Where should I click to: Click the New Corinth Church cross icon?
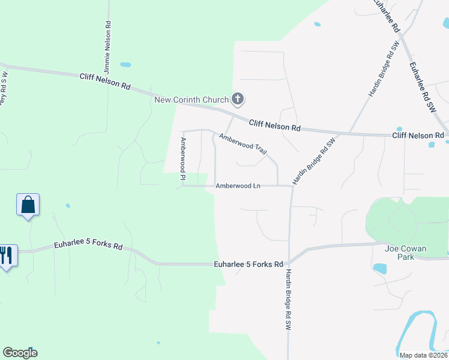[238, 99]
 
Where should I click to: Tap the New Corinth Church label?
[191, 100]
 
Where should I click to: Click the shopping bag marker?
[28, 205]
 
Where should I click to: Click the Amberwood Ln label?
[238, 186]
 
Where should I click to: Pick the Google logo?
[20, 353]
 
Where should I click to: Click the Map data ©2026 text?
[423, 355]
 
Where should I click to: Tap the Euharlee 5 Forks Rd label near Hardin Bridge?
[249, 264]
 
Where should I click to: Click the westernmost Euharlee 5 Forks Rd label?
[88, 246]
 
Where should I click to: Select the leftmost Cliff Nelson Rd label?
[105, 82]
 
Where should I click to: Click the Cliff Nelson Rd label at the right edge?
[418, 136]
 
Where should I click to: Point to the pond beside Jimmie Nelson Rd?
[125, 65]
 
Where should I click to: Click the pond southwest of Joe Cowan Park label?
[380, 268]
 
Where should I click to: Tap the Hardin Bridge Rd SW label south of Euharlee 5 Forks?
[288, 300]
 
